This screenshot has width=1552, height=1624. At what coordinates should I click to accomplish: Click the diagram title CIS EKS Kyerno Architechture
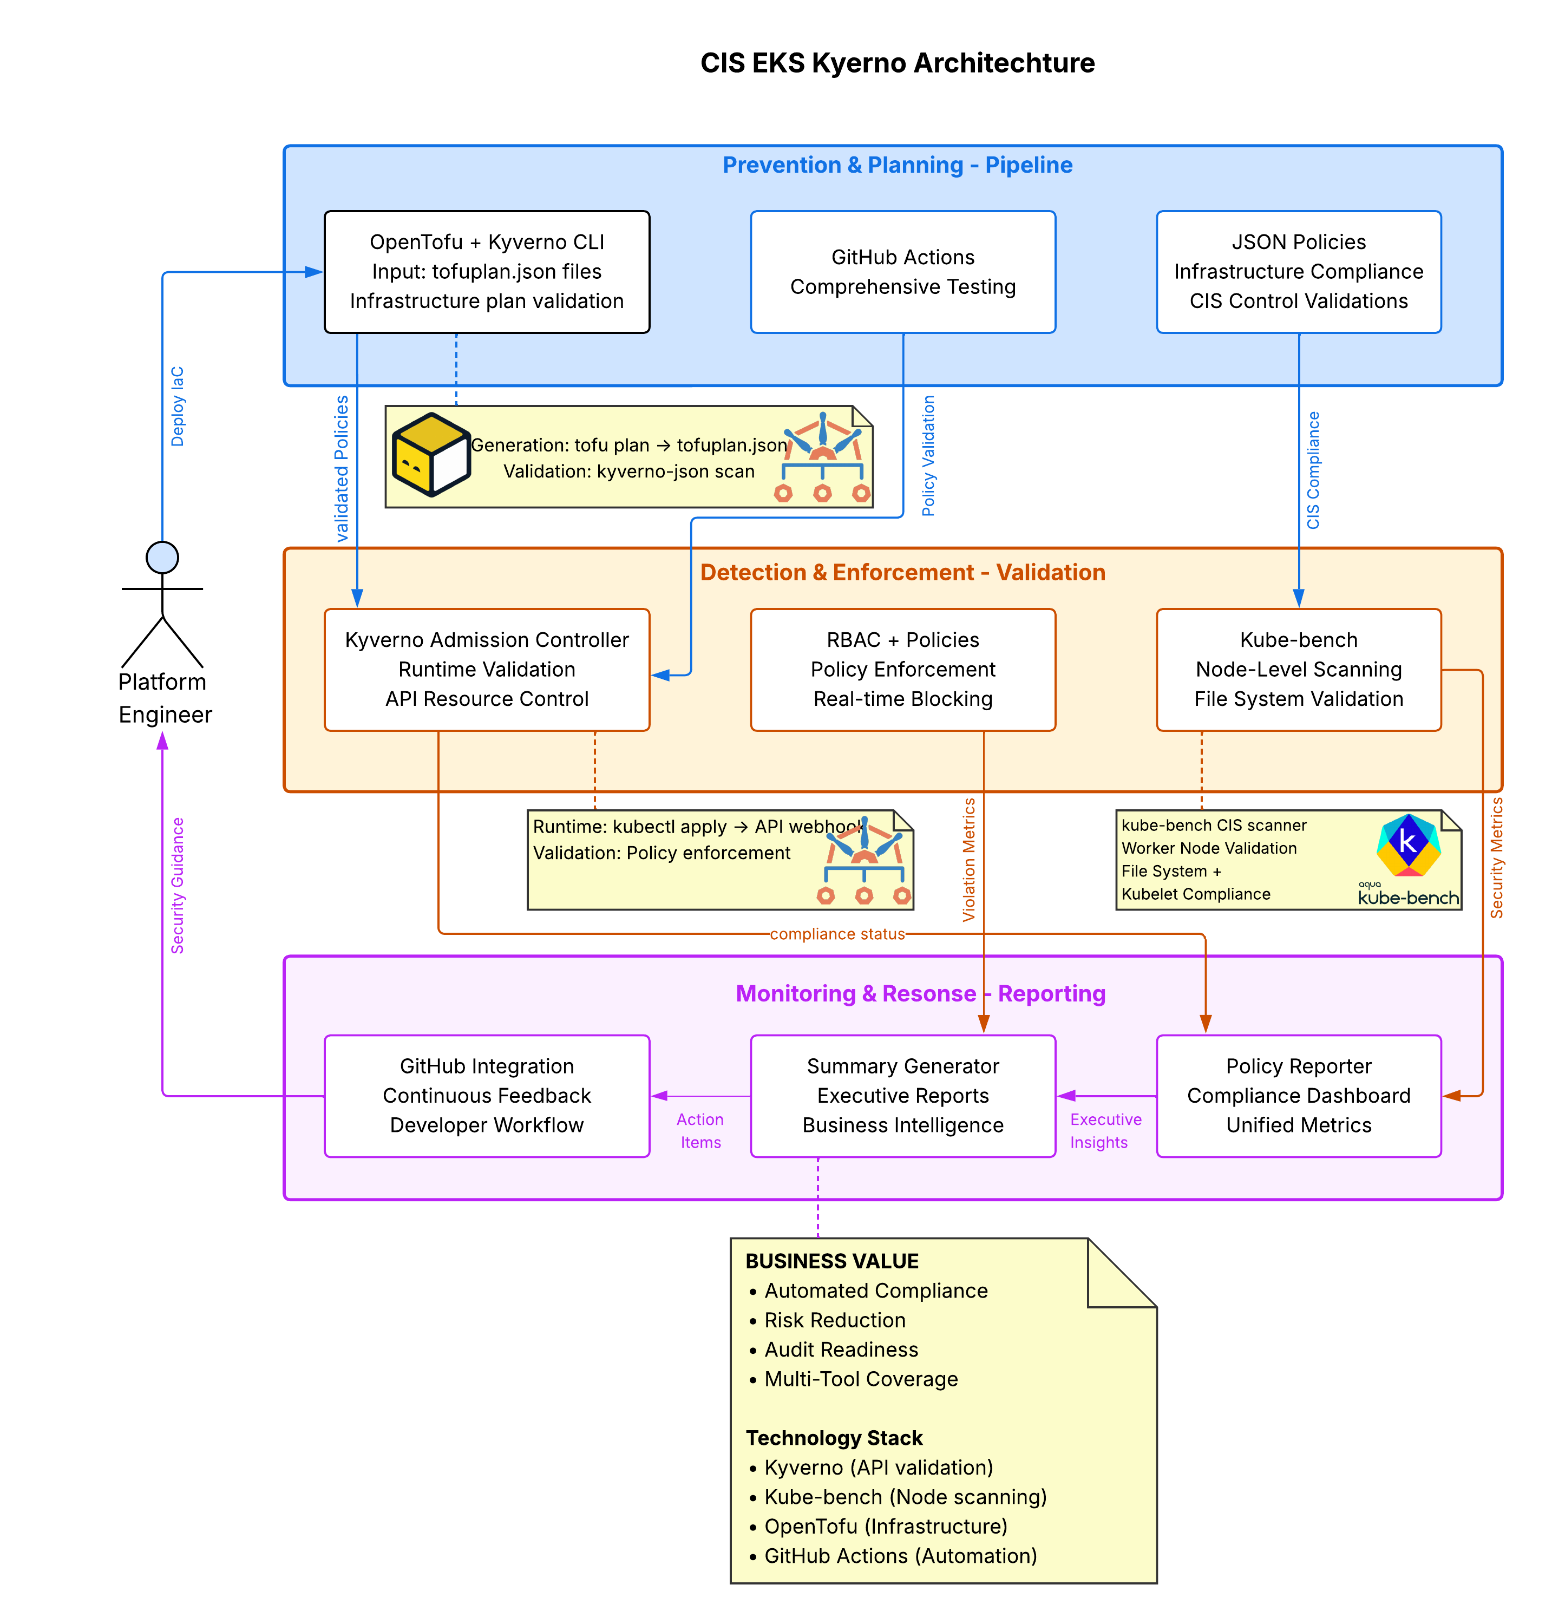tap(897, 63)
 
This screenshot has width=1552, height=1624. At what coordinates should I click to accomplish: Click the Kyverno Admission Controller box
tap(487, 669)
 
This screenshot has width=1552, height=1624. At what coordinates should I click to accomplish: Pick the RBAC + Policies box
tap(902, 669)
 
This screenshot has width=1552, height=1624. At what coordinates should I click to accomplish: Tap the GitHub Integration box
tap(487, 1095)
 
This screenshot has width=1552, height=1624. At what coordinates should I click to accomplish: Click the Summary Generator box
tap(902, 1095)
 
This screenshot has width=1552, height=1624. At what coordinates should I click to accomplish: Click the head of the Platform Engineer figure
tap(162, 557)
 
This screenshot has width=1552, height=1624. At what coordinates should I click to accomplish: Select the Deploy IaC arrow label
tap(177, 407)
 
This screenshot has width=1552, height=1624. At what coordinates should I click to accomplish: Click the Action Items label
tap(700, 1130)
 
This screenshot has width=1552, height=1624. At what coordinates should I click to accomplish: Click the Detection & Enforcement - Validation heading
tap(902, 573)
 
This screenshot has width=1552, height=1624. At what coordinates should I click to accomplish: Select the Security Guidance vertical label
tap(177, 885)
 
